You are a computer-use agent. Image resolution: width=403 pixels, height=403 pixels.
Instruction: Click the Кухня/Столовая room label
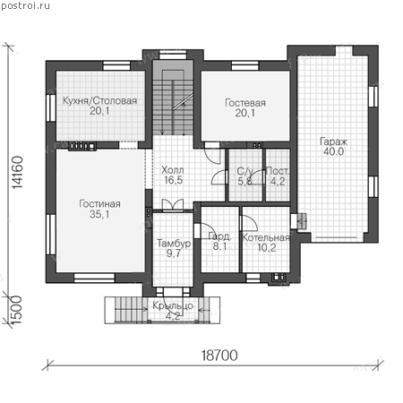[x=99, y=100]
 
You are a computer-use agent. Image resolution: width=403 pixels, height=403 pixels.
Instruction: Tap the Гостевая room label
[x=245, y=103]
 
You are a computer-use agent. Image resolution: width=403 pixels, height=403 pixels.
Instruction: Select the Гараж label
[x=334, y=141]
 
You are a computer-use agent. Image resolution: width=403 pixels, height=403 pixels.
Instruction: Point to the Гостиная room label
[x=99, y=203]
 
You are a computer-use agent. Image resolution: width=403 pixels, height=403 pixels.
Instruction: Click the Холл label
[x=173, y=170]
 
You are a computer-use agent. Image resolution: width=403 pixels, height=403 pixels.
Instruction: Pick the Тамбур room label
[x=174, y=243]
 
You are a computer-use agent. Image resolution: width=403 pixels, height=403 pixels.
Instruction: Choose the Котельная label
[x=266, y=237]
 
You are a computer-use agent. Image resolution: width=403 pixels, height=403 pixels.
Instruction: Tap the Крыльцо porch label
[x=173, y=306]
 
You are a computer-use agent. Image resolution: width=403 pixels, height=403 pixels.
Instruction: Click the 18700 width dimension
[x=219, y=356]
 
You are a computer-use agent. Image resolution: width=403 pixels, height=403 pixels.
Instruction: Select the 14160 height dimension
[x=18, y=173]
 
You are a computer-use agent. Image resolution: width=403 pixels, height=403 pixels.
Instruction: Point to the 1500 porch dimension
[x=16, y=310]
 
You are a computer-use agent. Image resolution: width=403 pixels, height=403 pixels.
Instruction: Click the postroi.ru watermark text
[x=25, y=5]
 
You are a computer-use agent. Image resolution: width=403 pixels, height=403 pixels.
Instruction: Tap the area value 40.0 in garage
[x=334, y=151]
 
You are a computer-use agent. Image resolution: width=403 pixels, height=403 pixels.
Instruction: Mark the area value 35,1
[x=99, y=214]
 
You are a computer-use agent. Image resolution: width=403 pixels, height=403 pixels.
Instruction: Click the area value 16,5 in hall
[x=174, y=180]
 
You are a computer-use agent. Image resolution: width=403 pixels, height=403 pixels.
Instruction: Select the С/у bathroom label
[x=245, y=171]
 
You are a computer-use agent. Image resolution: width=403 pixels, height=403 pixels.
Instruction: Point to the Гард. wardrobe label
[x=219, y=236]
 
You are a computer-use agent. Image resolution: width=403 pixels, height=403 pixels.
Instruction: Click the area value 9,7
[x=174, y=253]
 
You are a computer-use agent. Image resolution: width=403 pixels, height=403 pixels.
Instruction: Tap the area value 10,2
[x=267, y=247]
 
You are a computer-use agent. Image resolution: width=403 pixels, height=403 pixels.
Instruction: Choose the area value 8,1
[x=219, y=246]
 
